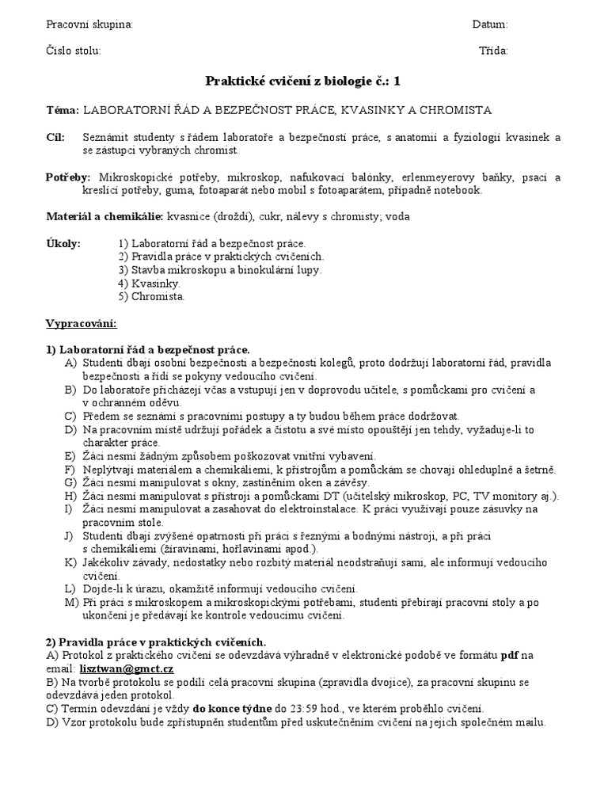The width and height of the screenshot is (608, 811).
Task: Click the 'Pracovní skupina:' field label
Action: pyautogui.click(x=89, y=25)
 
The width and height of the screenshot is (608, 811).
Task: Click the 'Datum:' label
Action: pyautogui.click(x=490, y=25)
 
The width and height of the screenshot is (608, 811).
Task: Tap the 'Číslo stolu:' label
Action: pyautogui.click(x=74, y=51)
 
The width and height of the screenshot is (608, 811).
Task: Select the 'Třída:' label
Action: pyautogui.click(x=493, y=51)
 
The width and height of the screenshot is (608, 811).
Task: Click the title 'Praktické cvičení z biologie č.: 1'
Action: pyautogui.click(x=303, y=81)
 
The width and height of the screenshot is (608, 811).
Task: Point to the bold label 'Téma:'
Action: pyautogui.click(x=63, y=109)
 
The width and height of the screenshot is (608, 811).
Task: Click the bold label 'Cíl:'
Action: pyautogui.click(x=56, y=137)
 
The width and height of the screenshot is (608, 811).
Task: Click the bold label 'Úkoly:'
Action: pyautogui.click(x=63, y=244)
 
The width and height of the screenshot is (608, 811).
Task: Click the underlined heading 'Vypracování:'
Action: pyautogui.click(x=82, y=324)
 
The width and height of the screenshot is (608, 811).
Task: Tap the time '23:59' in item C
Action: pyautogui.click(x=303, y=709)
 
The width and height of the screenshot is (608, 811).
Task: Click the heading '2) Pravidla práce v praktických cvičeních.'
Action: pyautogui.click(x=156, y=642)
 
